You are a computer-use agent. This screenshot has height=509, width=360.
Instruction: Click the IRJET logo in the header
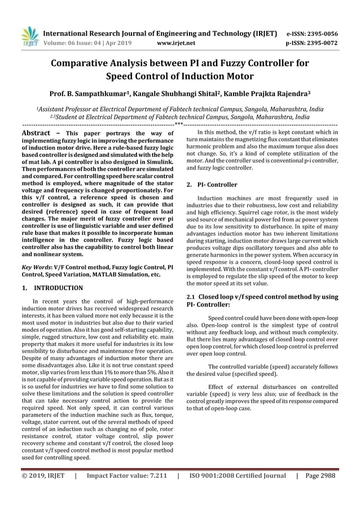point(28,37)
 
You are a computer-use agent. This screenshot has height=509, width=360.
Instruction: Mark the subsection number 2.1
point(191,296)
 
